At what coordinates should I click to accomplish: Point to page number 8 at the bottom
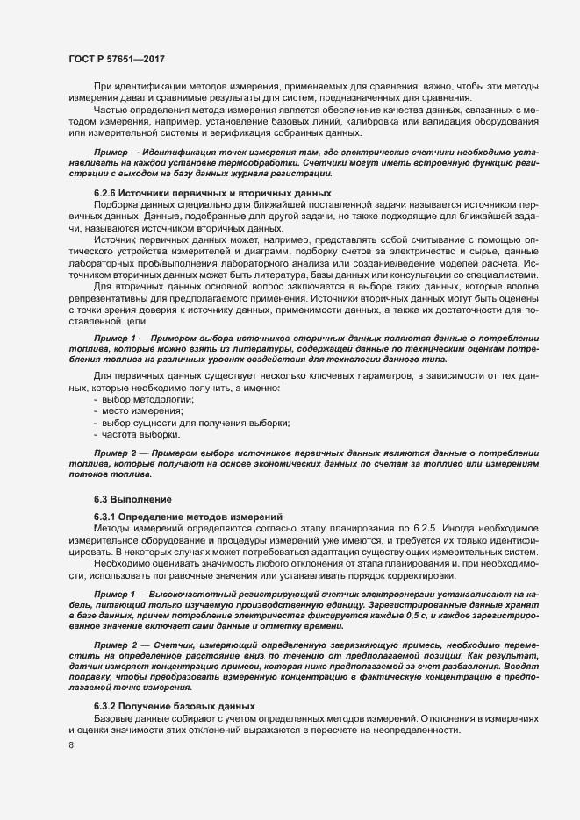coord(70,746)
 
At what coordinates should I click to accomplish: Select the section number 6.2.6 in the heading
coord(108,192)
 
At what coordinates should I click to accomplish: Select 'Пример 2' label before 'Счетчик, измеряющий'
coord(116,646)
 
